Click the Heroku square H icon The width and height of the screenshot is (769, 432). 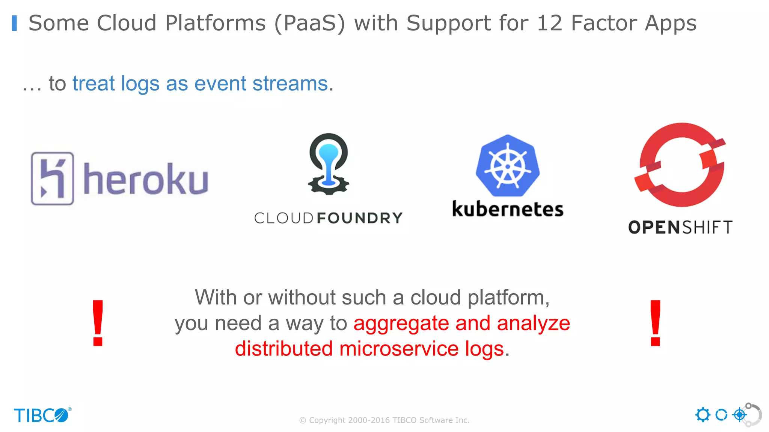point(52,178)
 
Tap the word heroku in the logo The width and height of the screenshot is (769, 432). point(146,179)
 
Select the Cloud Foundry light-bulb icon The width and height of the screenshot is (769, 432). point(329,163)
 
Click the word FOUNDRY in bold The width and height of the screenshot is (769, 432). point(359,218)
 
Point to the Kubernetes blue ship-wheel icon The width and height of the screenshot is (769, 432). point(508,166)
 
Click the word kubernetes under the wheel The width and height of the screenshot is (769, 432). point(508,209)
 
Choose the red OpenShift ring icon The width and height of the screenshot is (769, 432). point(680,165)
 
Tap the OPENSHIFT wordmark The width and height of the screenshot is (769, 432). point(680,227)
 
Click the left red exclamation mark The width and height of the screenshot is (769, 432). point(98,323)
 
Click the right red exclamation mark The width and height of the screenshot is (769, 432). point(656,323)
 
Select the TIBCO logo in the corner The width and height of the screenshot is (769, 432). point(42,415)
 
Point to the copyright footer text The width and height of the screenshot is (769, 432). point(384,420)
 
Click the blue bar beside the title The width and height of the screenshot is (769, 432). point(14,23)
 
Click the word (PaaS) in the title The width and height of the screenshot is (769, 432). point(310,23)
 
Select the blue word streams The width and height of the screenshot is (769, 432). point(290,83)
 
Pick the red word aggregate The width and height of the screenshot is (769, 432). point(401,323)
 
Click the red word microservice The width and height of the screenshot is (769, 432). point(399,349)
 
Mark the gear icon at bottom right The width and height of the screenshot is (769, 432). point(703,415)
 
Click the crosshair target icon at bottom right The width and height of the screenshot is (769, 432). point(739,415)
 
